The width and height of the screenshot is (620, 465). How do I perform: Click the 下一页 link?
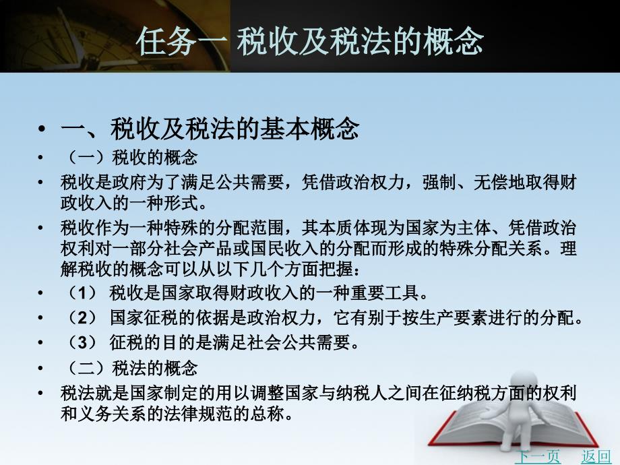point(537,457)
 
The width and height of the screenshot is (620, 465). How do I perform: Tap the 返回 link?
point(596,457)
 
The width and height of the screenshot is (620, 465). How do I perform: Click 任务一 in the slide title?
point(182,41)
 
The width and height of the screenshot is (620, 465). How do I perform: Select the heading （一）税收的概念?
point(131,158)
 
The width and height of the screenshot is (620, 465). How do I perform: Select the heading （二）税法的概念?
point(131,368)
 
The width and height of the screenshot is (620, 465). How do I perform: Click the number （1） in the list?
point(82,293)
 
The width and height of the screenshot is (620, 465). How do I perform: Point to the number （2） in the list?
point(82,317)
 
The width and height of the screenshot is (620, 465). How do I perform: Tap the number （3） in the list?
point(82,342)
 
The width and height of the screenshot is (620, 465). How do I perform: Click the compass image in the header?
point(115,36)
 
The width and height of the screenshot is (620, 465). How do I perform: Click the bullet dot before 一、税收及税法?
point(42,129)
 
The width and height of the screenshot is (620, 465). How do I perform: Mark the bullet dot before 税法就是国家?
point(40,394)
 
